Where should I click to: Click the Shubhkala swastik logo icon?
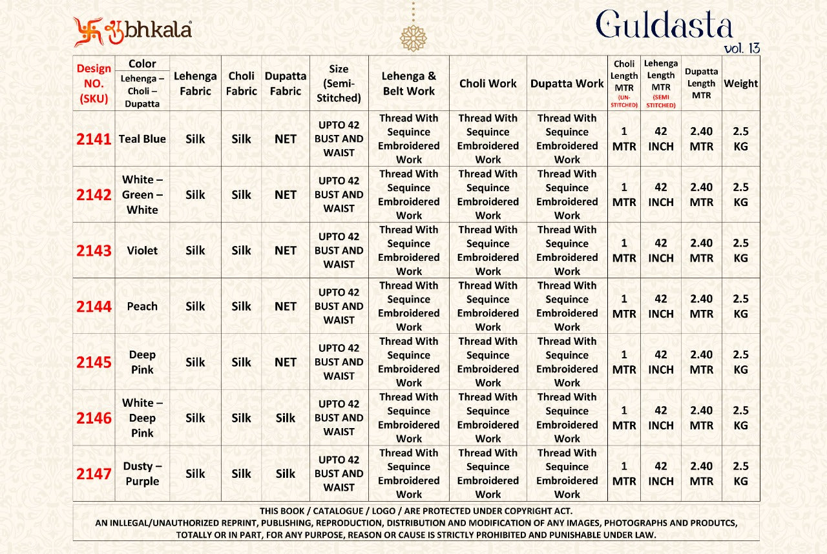88,32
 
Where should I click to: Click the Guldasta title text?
664,26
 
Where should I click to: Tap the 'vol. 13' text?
742,48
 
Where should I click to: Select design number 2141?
94,139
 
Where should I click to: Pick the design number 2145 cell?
94,362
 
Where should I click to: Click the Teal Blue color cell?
142,139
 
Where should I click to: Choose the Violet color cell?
142,251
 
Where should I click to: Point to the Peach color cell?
142,306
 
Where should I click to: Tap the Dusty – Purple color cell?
142,473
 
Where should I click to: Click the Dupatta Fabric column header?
286,83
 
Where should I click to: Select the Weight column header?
740,83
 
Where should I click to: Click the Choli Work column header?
488,83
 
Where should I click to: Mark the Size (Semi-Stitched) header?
339,83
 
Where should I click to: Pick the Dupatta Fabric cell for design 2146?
286,418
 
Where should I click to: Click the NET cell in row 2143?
286,251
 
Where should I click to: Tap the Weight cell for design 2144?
740,306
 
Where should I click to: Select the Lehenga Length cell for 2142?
661,194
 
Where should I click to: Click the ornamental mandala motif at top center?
413,38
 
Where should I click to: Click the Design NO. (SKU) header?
94,83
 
